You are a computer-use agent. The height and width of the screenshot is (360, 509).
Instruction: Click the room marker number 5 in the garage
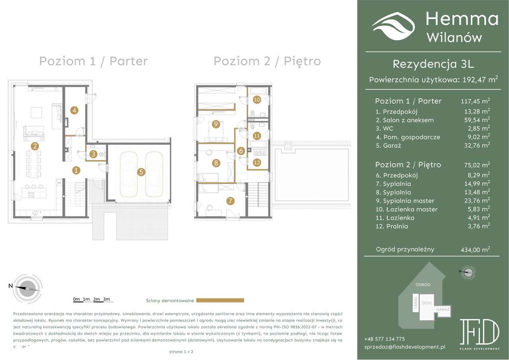(141, 172)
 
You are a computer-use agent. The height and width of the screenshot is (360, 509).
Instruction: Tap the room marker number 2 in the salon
(35, 146)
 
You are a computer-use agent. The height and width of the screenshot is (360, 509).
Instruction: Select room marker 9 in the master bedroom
(216, 125)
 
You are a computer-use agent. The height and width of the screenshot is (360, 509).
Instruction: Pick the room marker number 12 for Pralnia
(256, 162)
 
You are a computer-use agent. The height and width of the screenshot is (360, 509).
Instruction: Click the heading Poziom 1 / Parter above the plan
(93, 61)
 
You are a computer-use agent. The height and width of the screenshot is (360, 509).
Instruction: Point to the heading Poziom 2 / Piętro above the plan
(267, 61)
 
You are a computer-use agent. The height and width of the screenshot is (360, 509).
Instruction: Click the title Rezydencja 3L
(433, 64)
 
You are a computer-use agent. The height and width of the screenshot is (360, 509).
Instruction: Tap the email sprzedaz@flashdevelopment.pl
(404, 347)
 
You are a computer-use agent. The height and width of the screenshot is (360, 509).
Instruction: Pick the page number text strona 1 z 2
(181, 352)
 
